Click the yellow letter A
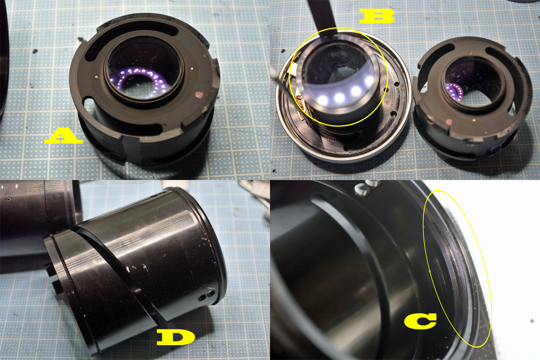63,136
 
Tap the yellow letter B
377,16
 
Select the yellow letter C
420,321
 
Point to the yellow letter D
176,337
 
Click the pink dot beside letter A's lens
199,94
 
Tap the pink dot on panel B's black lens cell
449,121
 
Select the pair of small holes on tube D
207,296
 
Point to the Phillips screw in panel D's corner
9,199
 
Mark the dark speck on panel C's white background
532,321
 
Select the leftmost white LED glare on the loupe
323,99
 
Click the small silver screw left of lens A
96,77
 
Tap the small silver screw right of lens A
191,68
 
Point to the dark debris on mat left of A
35,51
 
